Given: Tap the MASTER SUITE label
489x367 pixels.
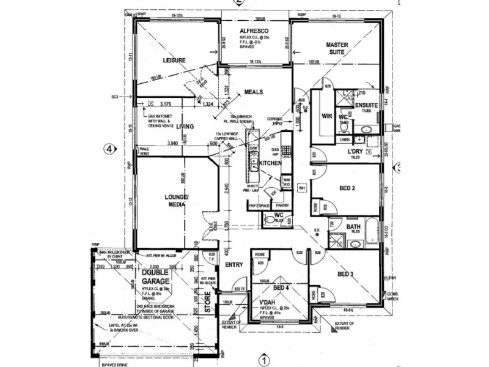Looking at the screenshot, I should click(337, 49).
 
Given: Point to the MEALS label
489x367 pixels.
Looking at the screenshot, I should click(254, 92).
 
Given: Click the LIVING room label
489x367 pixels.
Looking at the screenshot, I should click(185, 127).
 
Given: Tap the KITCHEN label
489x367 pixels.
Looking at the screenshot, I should click(270, 163).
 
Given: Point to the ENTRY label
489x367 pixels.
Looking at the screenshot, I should click(233, 265).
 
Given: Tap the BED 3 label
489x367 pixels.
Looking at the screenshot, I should click(346, 274).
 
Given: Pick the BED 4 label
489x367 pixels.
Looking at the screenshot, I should click(280, 287).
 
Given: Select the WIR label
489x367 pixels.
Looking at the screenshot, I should click(326, 114).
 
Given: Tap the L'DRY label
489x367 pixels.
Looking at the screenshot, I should click(356, 151).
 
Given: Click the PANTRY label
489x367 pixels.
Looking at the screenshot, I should click(282, 206).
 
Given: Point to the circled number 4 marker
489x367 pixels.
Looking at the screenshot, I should click(109, 149).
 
